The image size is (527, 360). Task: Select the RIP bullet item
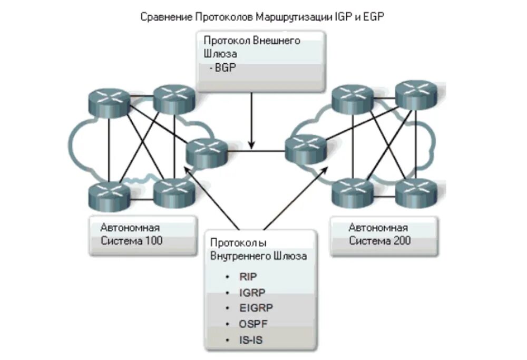pos(248,276)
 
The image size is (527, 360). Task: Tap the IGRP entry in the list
pos(251,292)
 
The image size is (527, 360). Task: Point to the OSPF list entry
pos(252,324)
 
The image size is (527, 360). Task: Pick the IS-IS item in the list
pos(250,339)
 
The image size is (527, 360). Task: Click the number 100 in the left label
pos(153,241)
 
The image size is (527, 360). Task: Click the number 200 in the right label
pos(402,241)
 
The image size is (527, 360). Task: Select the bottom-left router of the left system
pos(109,194)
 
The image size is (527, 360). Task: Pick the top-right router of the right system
pos(416,94)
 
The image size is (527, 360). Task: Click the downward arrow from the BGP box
pos(252,121)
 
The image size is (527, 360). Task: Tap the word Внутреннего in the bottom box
pos(242,257)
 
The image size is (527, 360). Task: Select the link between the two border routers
pos(256,152)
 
